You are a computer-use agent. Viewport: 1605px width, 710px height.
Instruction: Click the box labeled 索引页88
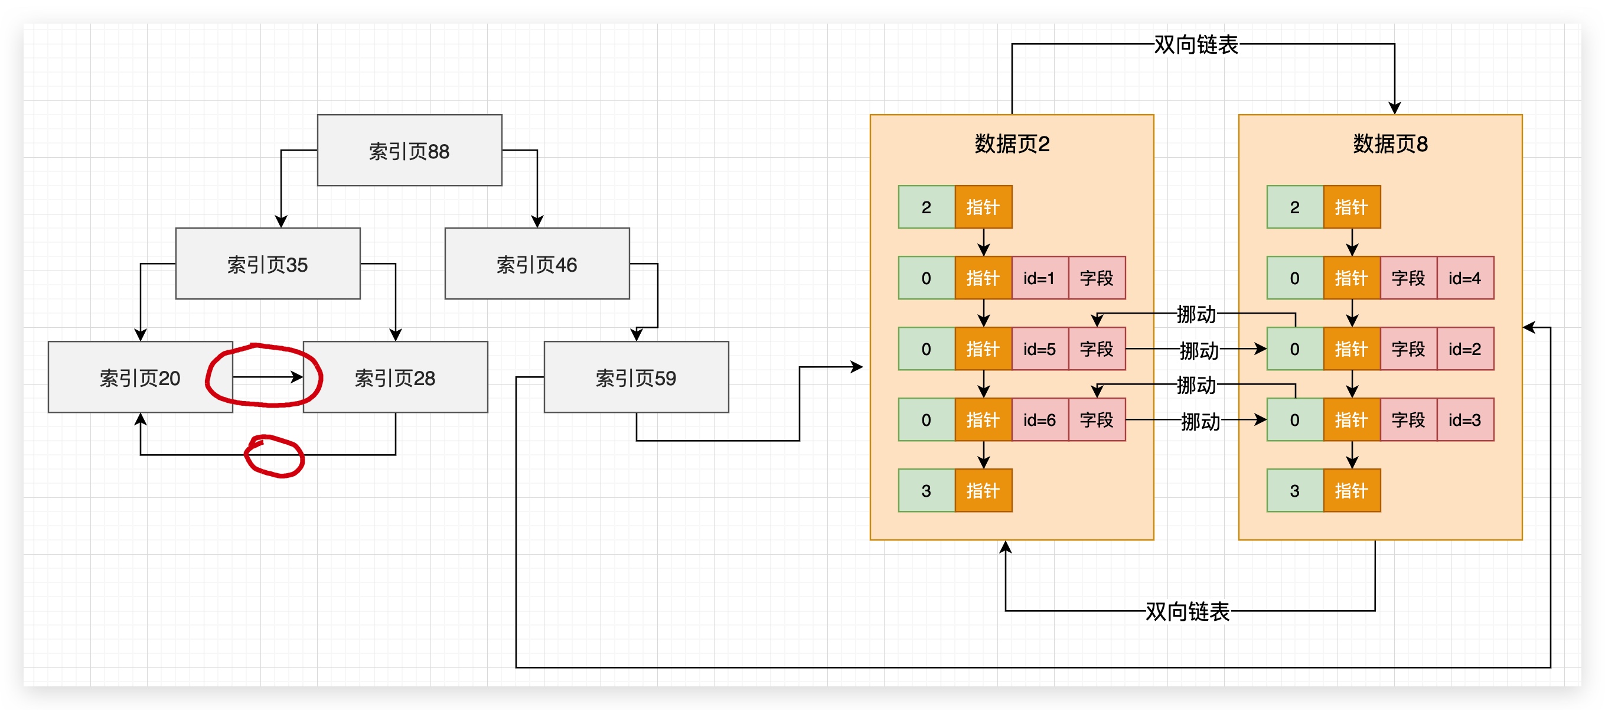click(409, 150)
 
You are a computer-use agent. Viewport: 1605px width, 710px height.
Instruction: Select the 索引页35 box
click(267, 263)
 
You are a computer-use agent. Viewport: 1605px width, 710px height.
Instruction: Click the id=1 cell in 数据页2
click(1039, 278)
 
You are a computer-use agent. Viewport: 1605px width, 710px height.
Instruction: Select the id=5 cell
click(1039, 349)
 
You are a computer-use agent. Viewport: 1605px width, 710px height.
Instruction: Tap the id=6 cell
click(1039, 419)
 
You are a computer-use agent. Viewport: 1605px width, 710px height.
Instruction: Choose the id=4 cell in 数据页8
click(1464, 278)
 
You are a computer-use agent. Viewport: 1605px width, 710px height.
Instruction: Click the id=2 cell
click(1464, 349)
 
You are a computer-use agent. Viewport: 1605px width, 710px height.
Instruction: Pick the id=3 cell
click(1464, 419)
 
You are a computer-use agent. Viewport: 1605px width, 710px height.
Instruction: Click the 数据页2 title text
click(1012, 144)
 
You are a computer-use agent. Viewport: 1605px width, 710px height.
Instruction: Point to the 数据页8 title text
click(1390, 144)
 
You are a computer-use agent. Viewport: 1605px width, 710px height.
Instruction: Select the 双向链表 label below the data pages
click(1188, 611)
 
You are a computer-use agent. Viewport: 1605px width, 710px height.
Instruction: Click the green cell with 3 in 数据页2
click(926, 491)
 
